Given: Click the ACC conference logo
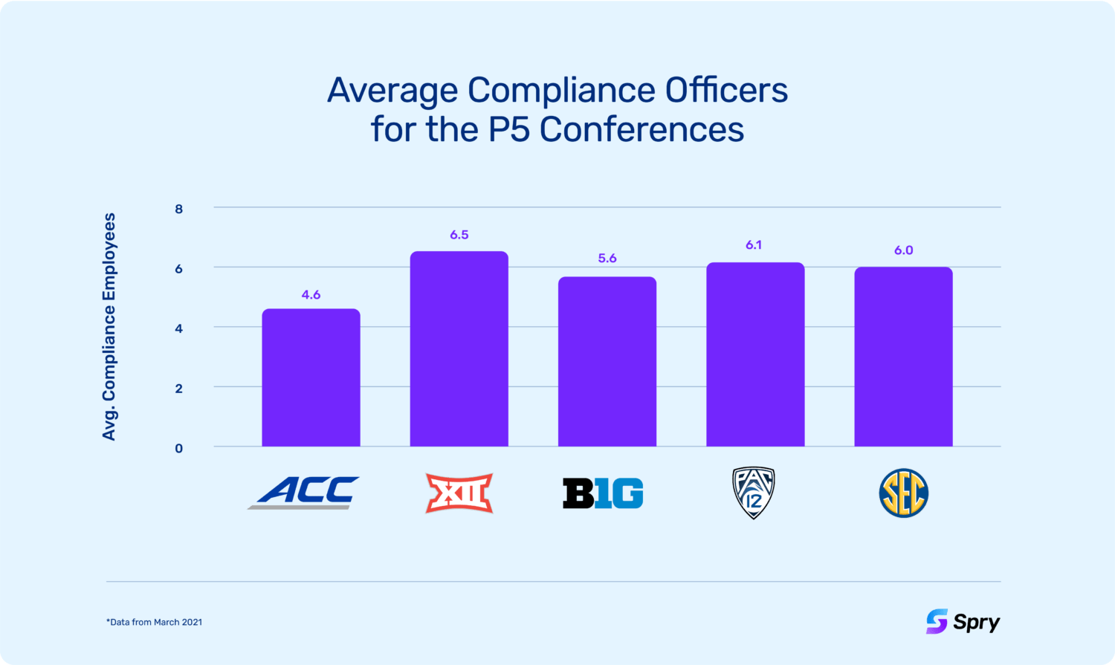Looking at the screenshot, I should (x=305, y=493).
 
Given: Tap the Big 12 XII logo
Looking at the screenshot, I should (x=459, y=493).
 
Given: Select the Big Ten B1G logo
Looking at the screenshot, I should (x=603, y=493).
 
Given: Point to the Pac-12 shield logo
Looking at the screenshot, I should (x=754, y=493).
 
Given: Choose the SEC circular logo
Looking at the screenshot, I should (x=903, y=493).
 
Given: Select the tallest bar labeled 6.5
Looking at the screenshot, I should (x=459, y=349).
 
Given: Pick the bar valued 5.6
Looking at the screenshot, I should (x=607, y=362).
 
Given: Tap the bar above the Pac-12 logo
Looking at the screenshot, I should (x=755, y=354).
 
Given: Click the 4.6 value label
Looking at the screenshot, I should (x=311, y=295).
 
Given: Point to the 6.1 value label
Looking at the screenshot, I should (x=754, y=245).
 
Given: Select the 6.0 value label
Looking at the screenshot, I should (x=903, y=250).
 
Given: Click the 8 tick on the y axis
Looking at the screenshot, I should (x=179, y=209).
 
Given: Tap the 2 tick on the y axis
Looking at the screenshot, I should (x=179, y=388).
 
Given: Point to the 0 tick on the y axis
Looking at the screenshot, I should (x=179, y=448).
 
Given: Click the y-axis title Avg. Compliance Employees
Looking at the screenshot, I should (x=109, y=327).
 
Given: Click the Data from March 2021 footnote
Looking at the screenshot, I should (x=155, y=622).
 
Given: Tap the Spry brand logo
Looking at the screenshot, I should (x=963, y=621).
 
